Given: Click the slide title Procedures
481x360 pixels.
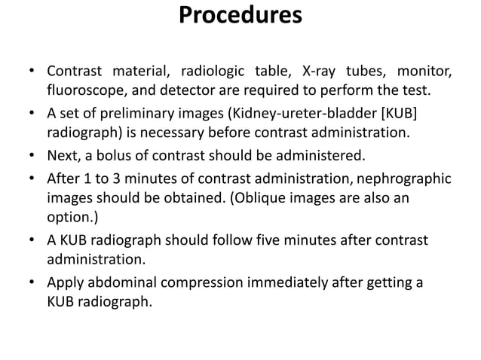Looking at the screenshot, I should pyautogui.click(x=240, y=16).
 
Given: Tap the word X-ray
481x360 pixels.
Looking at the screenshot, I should pyautogui.click(x=320, y=73).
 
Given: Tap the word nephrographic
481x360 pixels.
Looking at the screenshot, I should pyautogui.click(x=399, y=178).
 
